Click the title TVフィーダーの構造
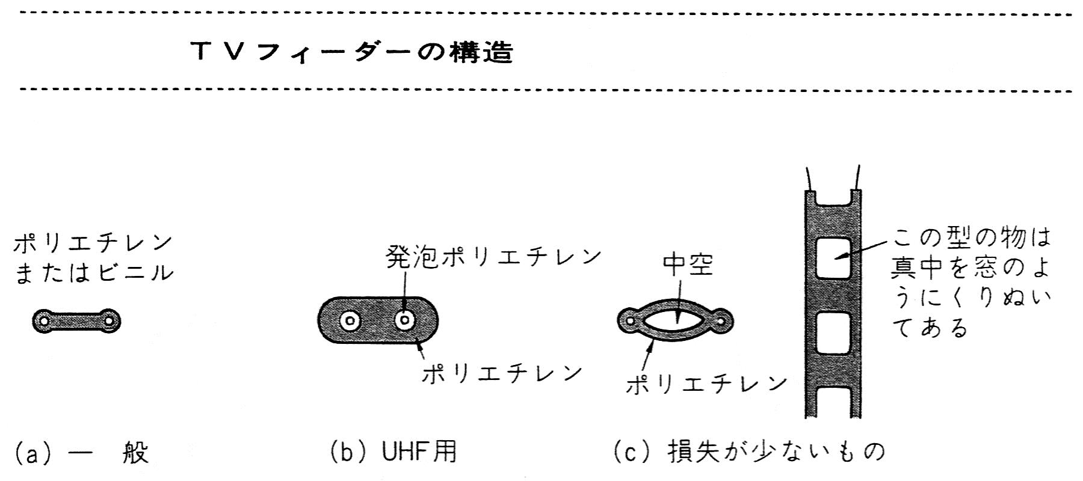pos(352,53)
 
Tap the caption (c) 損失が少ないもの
pos(749,452)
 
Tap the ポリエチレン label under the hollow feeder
pos(707,383)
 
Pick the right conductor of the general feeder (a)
pos(109,321)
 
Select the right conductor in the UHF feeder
pos(405,320)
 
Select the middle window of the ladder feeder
pos(833,333)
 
